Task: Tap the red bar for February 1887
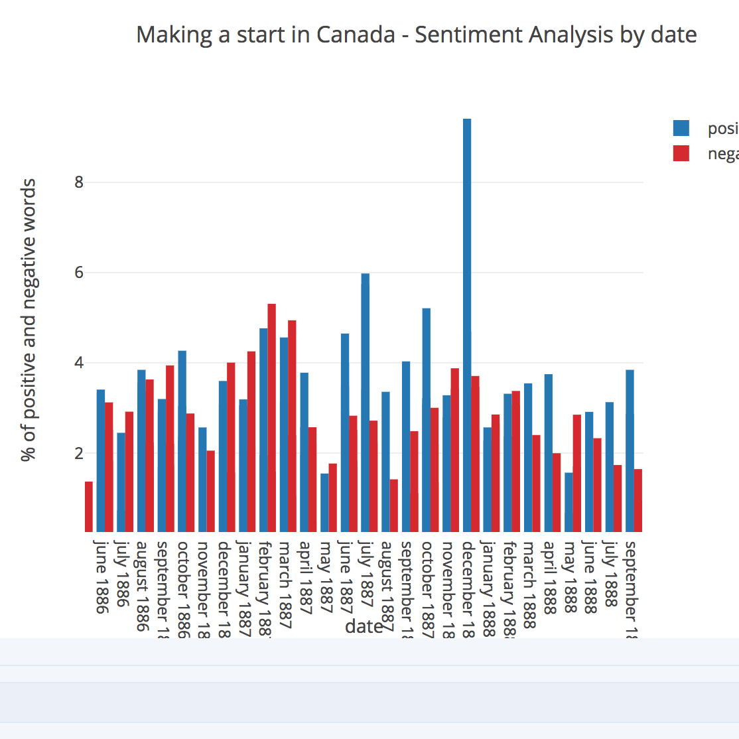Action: click(x=271, y=417)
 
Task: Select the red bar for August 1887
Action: click(x=393, y=505)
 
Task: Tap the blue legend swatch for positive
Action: click(x=681, y=128)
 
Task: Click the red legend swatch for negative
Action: click(x=681, y=153)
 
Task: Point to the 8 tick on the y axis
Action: click(x=80, y=182)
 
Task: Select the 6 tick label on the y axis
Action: click(x=80, y=273)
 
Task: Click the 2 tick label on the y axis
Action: click(x=80, y=454)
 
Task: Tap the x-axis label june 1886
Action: click(x=101, y=576)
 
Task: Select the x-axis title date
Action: click(x=364, y=626)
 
